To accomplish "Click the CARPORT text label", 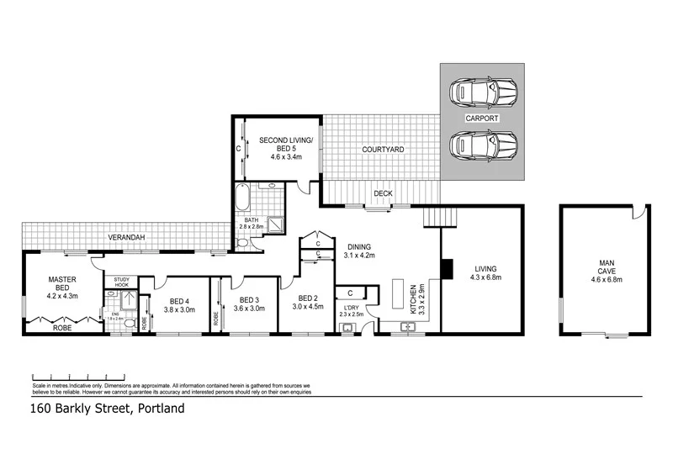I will pyautogui.click(x=482, y=119).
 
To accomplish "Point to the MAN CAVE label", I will pyautogui.click(x=607, y=267).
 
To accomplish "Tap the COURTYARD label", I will pyautogui.click(x=383, y=150).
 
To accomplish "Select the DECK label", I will pyautogui.click(x=383, y=193).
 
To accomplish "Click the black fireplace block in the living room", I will pyautogui.click(x=448, y=268).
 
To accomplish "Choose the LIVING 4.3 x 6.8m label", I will pyautogui.click(x=485, y=273).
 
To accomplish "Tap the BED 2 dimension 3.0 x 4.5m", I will pyautogui.click(x=307, y=307).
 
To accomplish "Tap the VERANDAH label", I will pyautogui.click(x=128, y=238).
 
